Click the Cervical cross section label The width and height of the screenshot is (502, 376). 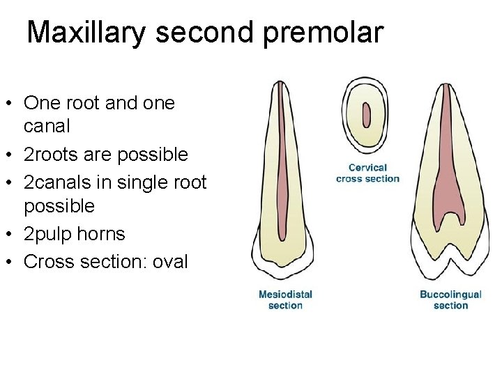(x=367, y=173)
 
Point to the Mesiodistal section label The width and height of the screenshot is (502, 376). (x=285, y=299)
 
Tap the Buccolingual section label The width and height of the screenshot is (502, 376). (x=450, y=299)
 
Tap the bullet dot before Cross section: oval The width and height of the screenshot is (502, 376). (x=13, y=263)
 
